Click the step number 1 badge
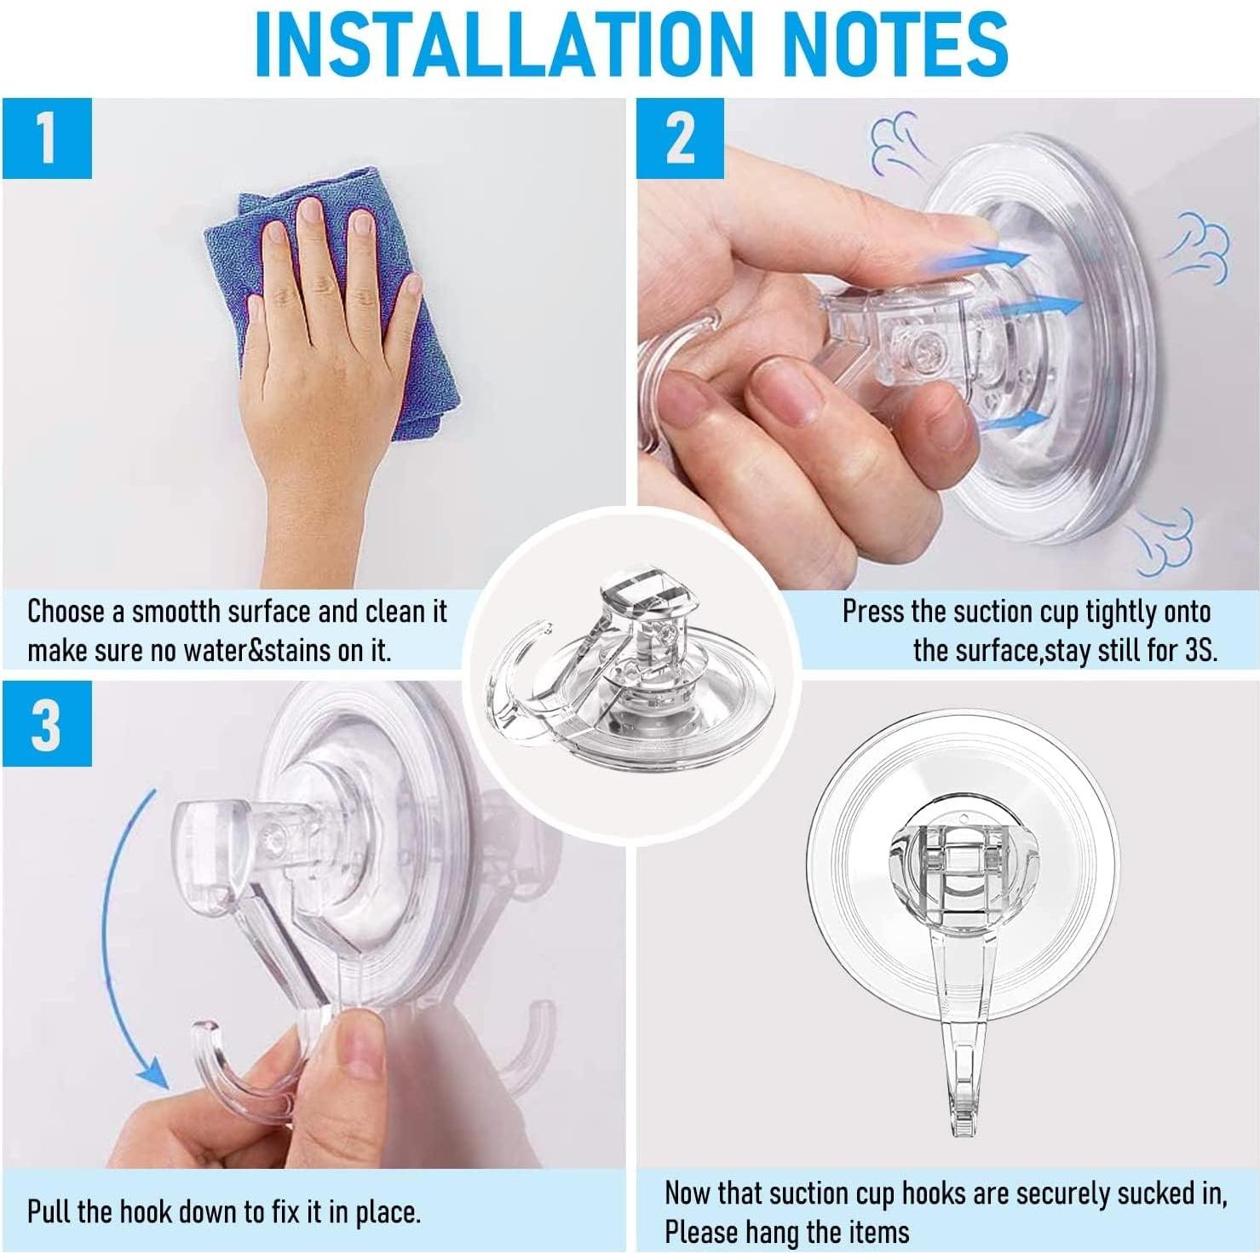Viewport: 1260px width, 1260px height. click(46, 139)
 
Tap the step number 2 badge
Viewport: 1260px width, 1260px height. click(679, 139)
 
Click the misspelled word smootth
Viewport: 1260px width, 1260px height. click(178, 612)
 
